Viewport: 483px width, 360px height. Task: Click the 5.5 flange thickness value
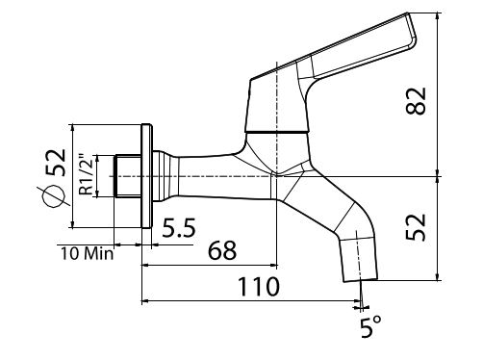[179, 230]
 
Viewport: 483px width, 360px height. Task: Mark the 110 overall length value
[259, 286]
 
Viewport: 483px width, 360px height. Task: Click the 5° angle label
[370, 327]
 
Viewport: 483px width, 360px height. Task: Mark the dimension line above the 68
[210, 265]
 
